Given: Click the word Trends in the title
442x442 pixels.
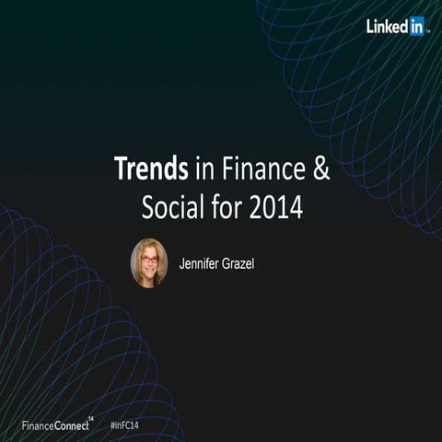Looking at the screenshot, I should pos(151,169).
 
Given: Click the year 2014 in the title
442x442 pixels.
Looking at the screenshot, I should pos(274,208).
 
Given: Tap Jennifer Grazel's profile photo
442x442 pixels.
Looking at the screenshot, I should pos(149,262).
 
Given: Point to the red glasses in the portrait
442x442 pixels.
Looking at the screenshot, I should pos(148,259).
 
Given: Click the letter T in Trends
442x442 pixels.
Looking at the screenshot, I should pos(120,169).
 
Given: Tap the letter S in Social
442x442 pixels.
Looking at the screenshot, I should pos(148,208).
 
